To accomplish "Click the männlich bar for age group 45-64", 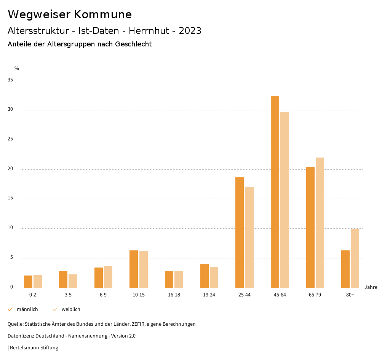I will [x=275, y=192].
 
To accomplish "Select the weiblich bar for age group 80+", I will [x=355, y=258].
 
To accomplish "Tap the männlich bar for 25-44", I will [x=240, y=233].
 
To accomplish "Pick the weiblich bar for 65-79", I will [x=320, y=223].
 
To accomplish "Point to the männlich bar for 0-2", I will [x=28, y=282].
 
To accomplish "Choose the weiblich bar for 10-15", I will [x=144, y=269].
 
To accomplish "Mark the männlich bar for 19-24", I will [x=205, y=276].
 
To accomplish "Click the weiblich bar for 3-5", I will [x=73, y=281].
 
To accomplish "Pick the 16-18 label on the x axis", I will [x=174, y=295].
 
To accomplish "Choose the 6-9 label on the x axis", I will [x=103, y=295].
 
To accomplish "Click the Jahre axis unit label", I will [x=371, y=287].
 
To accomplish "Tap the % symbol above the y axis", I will [x=17, y=68].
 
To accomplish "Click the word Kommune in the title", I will [x=103, y=14].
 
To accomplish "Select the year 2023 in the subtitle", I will [x=190, y=31].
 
